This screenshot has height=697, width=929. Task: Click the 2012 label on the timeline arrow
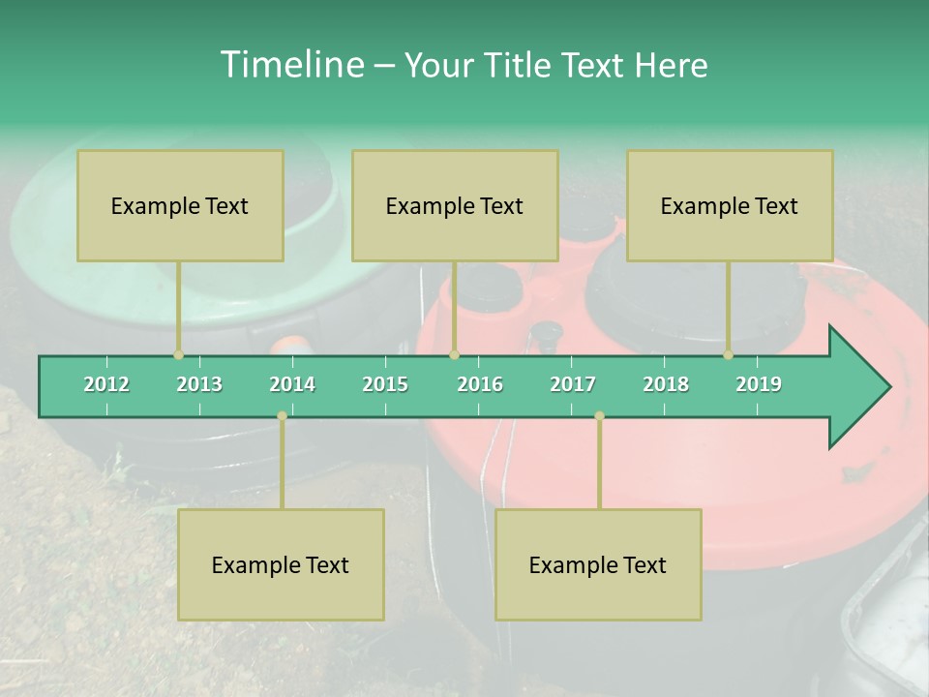pyautogui.click(x=106, y=384)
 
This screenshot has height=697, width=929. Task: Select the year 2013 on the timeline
pyautogui.click(x=199, y=384)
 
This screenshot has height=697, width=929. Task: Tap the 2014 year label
pyautogui.click(x=292, y=384)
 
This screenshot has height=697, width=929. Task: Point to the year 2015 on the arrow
pyautogui.click(x=385, y=384)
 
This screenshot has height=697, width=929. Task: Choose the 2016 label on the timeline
pyautogui.click(x=480, y=384)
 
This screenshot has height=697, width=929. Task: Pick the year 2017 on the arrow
pyautogui.click(x=573, y=384)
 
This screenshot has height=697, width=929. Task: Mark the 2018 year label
pyautogui.click(x=666, y=384)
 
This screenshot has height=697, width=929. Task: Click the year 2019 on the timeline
pyautogui.click(x=759, y=384)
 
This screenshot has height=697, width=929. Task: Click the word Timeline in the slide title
pyautogui.click(x=290, y=65)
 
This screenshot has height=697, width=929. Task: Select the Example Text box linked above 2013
pyautogui.click(x=180, y=205)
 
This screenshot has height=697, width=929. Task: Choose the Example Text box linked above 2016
pyautogui.click(x=455, y=205)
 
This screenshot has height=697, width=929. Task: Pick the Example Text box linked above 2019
pyautogui.click(x=730, y=205)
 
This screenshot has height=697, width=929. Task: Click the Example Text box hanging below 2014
pyautogui.click(x=281, y=564)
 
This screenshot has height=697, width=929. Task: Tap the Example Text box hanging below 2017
pyautogui.click(x=598, y=564)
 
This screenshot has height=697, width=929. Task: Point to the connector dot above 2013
pyautogui.click(x=178, y=354)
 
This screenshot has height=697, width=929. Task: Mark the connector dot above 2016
pyautogui.click(x=454, y=354)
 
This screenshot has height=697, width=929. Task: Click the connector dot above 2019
pyautogui.click(x=729, y=354)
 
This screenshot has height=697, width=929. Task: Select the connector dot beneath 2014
pyautogui.click(x=282, y=415)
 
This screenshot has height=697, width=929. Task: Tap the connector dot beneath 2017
pyautogui.click(x=599, y=415)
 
